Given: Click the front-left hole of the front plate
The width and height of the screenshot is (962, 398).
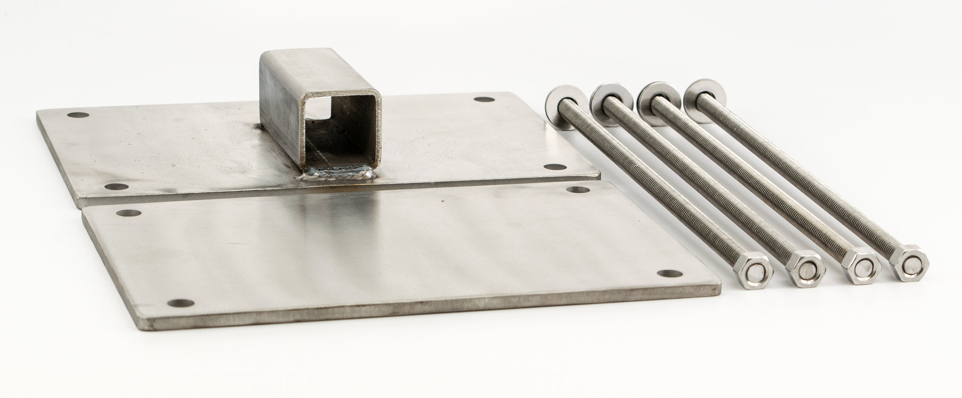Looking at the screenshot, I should coord(179,303).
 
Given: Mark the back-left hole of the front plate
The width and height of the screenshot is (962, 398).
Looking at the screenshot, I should coord(128,213).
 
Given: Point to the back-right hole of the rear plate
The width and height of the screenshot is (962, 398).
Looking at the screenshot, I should coord(481,99).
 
